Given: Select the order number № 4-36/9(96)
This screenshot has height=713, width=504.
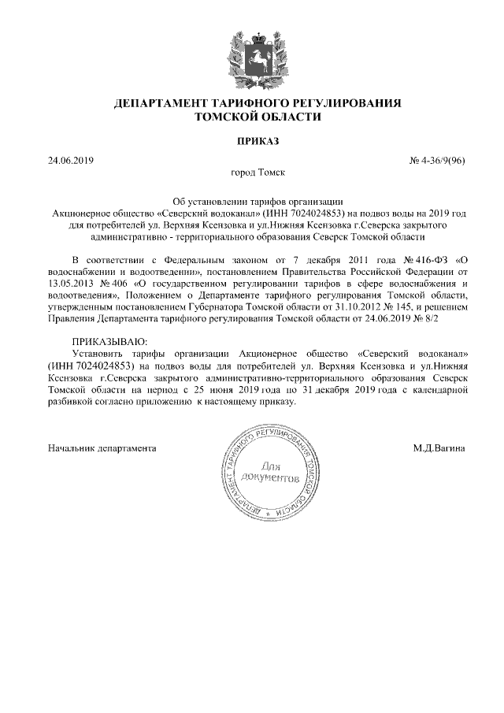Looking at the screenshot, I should [438, 161].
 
